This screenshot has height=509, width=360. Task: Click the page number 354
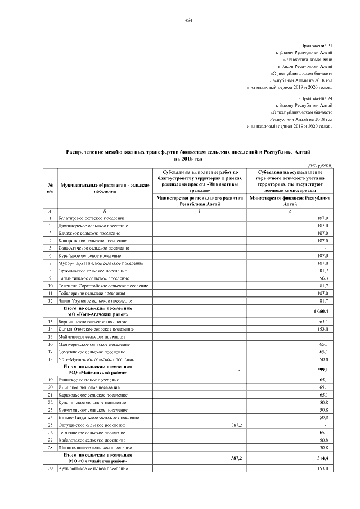[188, 21]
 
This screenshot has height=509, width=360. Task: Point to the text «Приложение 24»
[317, 97]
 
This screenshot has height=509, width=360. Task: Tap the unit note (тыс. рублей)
[320, 164]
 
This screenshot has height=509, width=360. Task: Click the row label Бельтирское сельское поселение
[92, 218]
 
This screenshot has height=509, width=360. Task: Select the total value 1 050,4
[320, 311]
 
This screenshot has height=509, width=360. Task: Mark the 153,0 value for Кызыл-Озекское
[323, 329]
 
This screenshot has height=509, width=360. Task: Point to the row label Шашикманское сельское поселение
[93, 447]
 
